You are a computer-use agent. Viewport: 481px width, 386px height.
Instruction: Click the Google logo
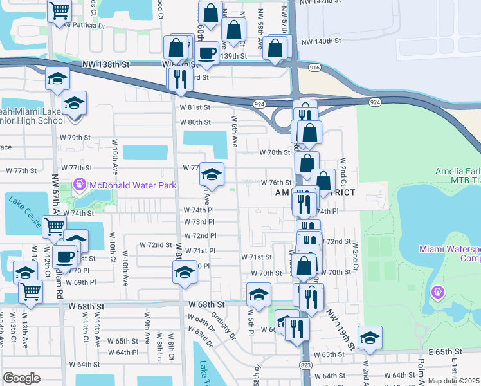pyautogui.click(x=21, y=378)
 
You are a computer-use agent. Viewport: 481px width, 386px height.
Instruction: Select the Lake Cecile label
pyautogui.click(x=24, y=210)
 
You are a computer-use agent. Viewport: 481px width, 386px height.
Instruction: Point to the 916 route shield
pyautogui.click(x=314, y=67)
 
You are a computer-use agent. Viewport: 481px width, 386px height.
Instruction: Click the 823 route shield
pyautogui.click(x=305, y=365)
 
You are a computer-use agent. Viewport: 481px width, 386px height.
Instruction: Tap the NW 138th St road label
pyautogui.click(x=106, y=65)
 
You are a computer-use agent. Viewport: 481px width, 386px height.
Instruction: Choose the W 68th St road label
pyautogui.click(x=208, y=304)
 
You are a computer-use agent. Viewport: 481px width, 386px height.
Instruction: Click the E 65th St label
pyautogui.click(x=446, y=352)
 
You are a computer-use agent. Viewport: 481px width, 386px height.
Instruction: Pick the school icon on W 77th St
pyautogui.click(x=212, y=173)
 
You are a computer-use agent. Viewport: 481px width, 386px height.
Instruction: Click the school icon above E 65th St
pyautogui.click(x=370, y=337)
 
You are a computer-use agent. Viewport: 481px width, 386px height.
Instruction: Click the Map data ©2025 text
pyautogui.click(x=453, y=381)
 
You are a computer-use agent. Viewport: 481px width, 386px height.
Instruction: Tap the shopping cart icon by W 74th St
pyautogui.click(x=54, y=226)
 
